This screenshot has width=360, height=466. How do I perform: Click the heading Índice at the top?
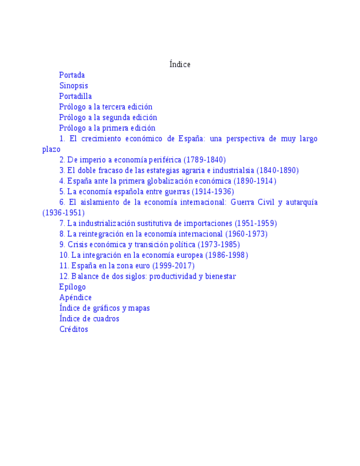click(180, 64)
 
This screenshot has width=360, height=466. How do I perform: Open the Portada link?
click(72, 75)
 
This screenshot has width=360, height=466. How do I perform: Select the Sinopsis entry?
click(74, 86)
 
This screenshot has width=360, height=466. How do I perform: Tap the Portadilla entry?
click(75, 96)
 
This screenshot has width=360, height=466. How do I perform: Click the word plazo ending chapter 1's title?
click(51, 149)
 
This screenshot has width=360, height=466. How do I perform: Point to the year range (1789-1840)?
click(204, 160)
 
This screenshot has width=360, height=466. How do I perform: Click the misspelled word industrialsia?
click(232, 170)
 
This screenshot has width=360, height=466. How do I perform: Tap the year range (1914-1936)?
click(213, 192)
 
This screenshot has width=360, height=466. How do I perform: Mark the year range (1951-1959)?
click(256, 224)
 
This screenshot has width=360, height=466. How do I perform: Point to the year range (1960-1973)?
click(246, 234)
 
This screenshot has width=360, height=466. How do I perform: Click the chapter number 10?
click(64, 255)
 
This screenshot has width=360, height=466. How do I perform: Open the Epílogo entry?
click(73, 287)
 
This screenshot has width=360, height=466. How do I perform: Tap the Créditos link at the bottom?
click(74, 330)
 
